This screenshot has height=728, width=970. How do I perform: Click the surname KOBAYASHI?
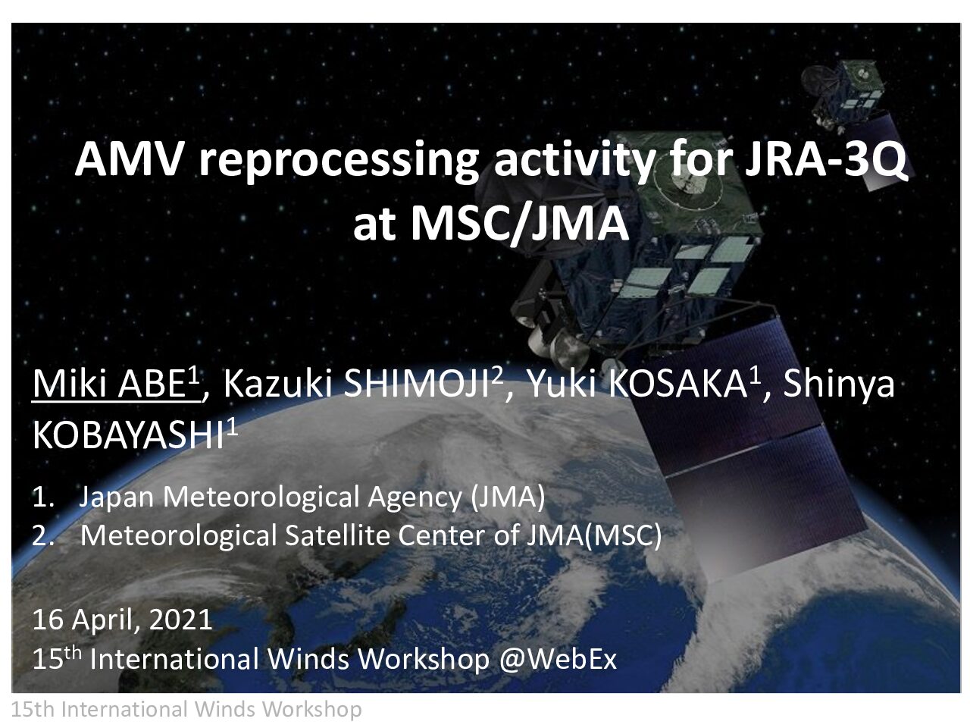tap(128, 435)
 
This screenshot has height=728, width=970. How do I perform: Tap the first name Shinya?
tap(838, 384)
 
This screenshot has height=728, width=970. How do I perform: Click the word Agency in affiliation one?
tap(415, 497)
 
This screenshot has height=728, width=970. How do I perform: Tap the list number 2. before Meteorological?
tap(43, 536)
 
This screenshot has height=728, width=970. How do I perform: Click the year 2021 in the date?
tap(181, 620)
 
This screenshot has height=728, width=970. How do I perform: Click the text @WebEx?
tap(558, 660)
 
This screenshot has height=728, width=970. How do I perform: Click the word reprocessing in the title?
tap(339, 162)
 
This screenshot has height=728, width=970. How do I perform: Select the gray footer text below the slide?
tap(186, 710)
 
